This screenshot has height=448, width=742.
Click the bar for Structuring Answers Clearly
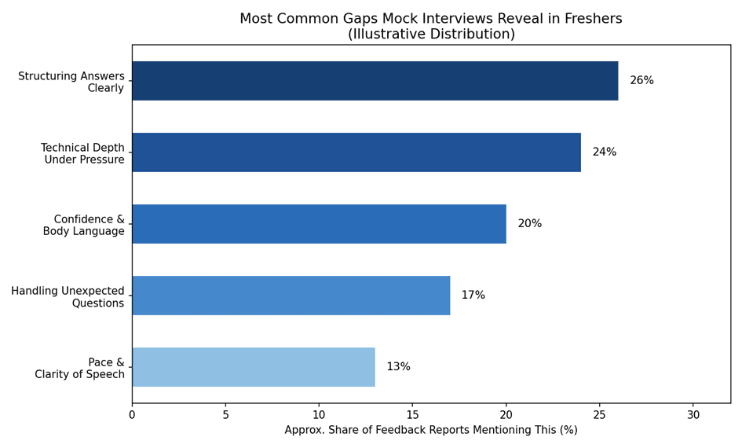tap(375, 80)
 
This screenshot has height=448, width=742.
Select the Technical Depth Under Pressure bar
tap(356, 152)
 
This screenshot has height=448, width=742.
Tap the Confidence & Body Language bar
tap(320, 224)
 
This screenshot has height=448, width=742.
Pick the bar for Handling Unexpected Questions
tap(291, 296)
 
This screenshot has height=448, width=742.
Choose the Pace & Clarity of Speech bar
tap(254, 367)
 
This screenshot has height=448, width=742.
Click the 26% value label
tap(641, 80)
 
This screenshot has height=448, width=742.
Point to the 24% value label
tap(605, 152)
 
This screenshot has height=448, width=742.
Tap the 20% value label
tap(529, 223)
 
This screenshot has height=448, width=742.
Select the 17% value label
tap(473, 295)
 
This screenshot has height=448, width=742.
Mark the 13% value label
tap(398, 366)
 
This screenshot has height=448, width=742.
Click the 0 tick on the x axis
tap(132, 415)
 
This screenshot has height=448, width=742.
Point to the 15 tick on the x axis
tap(413, 415)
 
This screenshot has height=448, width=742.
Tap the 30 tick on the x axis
tap(693, 415)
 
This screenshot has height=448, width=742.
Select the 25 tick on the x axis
tap(600, 415)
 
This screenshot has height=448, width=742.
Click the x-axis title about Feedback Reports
tap(431, 430)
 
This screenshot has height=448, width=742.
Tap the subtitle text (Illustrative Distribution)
tap(431, 34)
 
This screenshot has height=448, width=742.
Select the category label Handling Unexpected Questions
tap(68, 297)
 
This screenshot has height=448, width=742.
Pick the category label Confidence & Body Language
tap(84, 225)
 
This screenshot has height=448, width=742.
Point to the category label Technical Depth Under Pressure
tap(82, 153)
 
